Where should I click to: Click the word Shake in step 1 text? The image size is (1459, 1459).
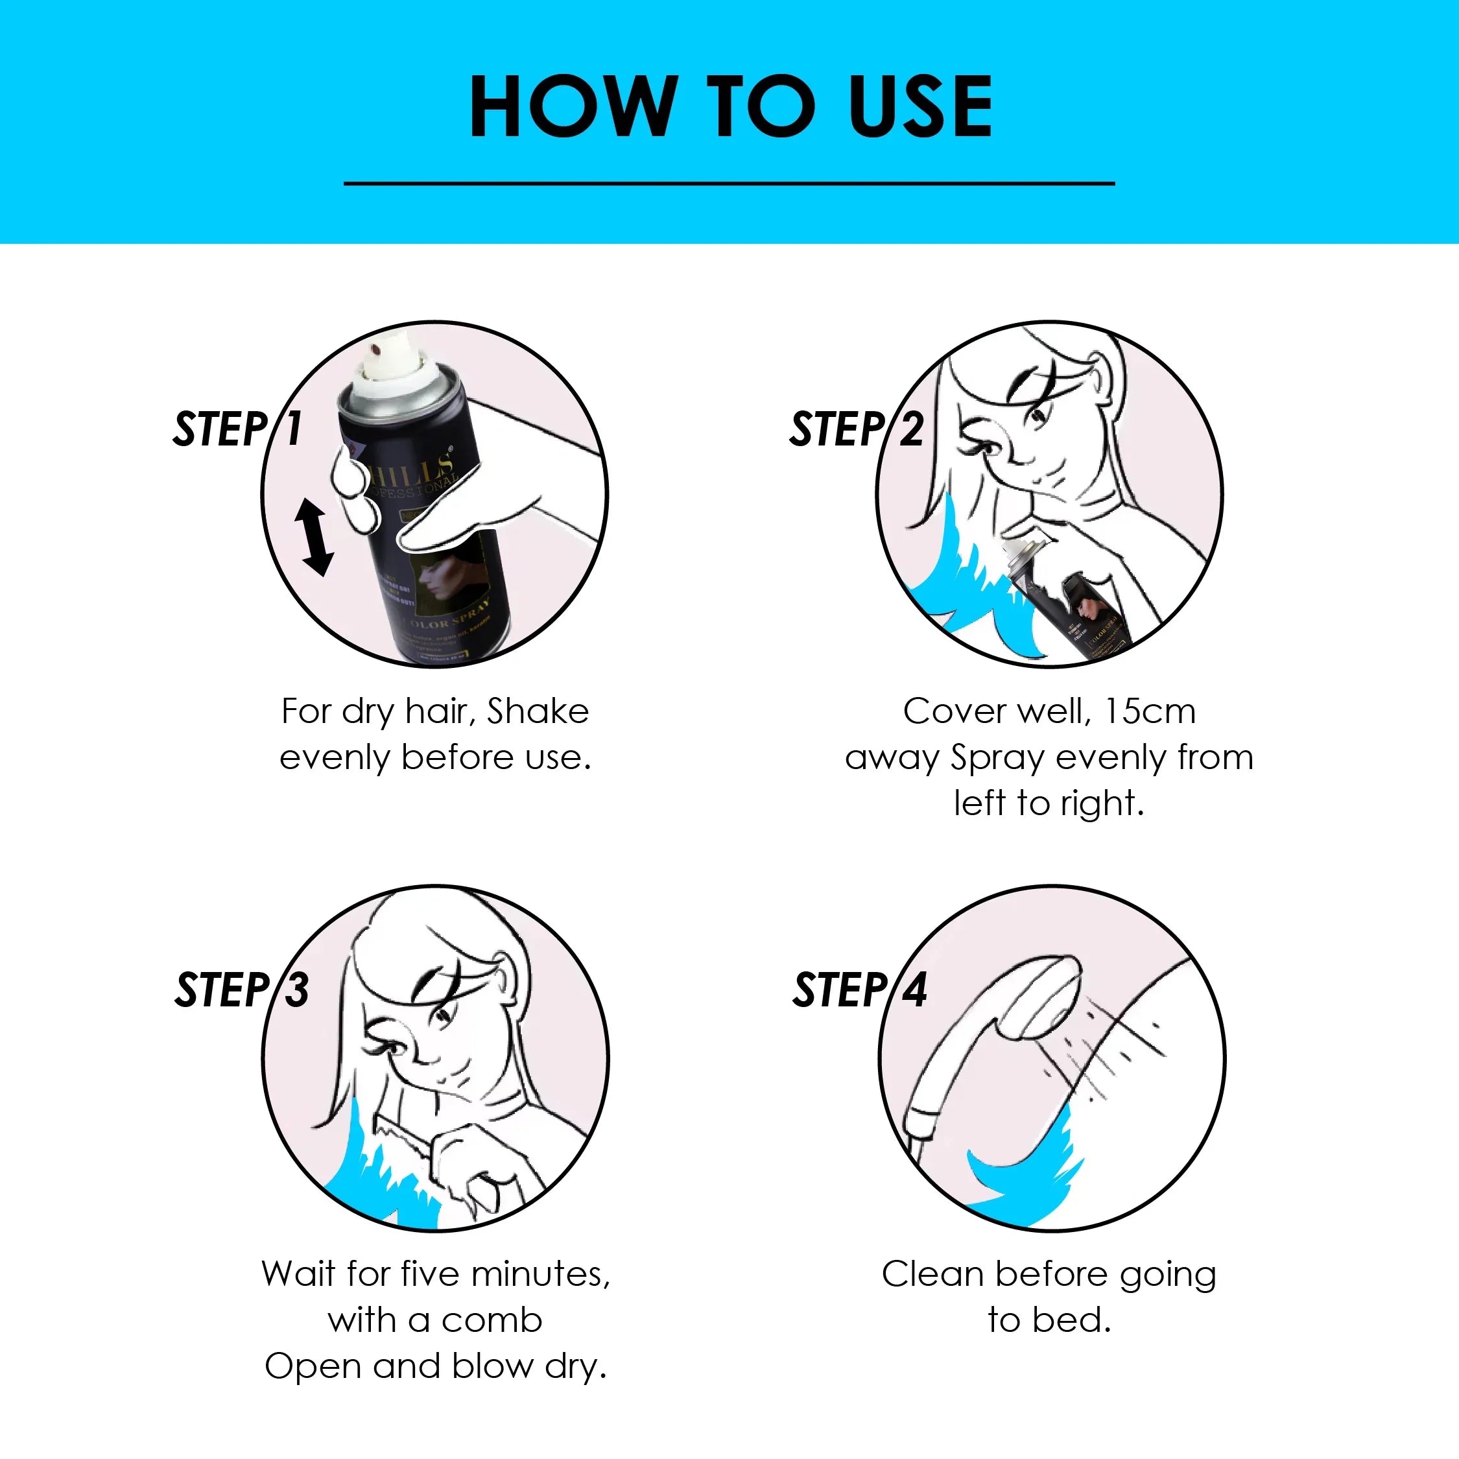538,711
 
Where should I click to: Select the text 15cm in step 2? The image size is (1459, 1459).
1150,711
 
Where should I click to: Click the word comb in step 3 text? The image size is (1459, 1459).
492,1321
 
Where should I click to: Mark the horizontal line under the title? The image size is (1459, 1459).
729,183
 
